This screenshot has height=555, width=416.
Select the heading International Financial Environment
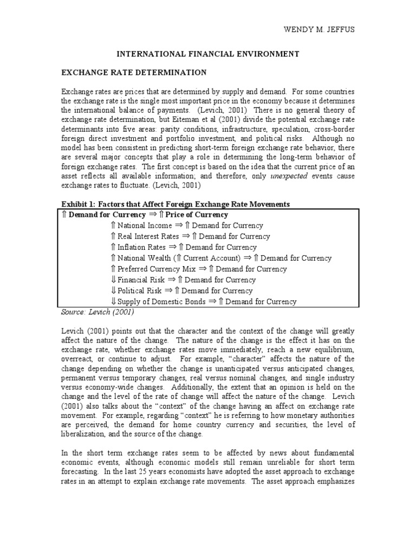[x=209, y=54]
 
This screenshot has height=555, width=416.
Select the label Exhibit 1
[x=80, y=204]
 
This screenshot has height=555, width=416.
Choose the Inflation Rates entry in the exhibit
[x=141, y=247]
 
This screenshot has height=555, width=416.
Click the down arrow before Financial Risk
[x=113, y=280]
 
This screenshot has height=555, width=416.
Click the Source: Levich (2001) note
[x=97, y=312]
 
